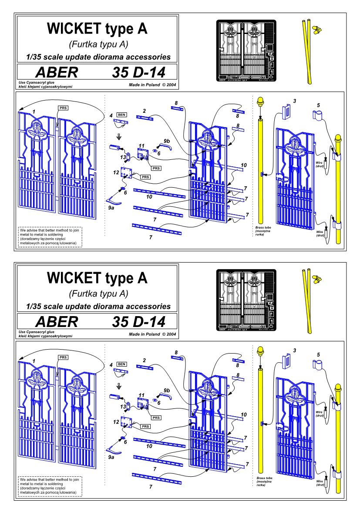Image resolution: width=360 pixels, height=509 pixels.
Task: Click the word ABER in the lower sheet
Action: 56,321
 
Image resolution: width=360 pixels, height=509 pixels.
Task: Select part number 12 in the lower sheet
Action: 116,422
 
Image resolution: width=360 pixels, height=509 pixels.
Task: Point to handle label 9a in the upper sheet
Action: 111,208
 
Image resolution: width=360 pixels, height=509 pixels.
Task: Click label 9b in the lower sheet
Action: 167,391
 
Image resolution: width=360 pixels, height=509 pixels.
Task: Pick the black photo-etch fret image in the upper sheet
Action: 246,51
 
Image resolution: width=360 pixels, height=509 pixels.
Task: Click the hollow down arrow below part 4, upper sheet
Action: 119,135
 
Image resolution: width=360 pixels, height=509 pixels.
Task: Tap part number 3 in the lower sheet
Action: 295,351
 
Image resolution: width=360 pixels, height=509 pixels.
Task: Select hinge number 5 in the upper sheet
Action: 318,105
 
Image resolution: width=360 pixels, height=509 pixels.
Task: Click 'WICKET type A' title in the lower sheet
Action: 97,277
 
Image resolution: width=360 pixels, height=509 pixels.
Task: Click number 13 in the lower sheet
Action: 124,407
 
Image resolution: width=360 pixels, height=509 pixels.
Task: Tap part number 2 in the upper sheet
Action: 143,111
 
